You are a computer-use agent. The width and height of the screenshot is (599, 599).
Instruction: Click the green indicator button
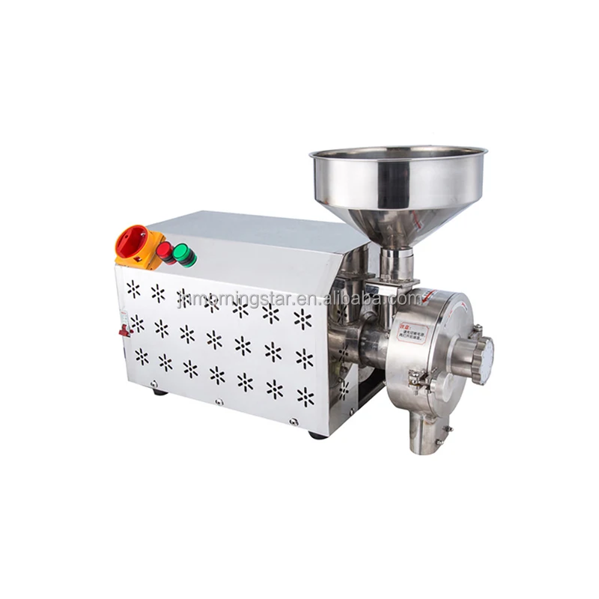[183, 256]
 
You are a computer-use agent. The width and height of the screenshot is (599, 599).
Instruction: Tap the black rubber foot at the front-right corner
[317, 435]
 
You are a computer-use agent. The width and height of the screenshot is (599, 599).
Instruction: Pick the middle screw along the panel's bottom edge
[219, 402]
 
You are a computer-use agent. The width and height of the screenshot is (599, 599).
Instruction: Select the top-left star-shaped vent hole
[133, 288]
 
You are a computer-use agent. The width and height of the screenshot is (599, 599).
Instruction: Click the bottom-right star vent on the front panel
[305, 396]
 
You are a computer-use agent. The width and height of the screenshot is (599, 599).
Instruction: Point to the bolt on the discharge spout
[447, 428]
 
